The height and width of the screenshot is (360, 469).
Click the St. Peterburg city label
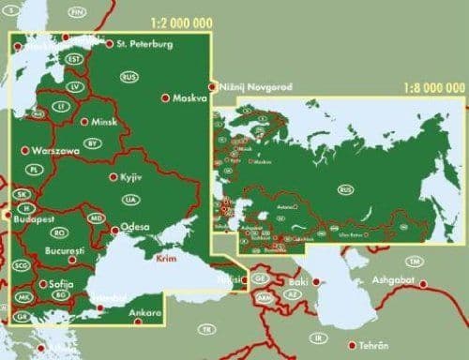click(x=144, y=42)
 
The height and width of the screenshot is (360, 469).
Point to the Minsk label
click(x=98, y=122)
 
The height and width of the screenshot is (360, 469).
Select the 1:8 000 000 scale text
click(x=433, y=88)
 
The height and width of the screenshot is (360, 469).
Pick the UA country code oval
click(x=131, y=200)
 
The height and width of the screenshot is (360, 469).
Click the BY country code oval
click(x=92, y=142)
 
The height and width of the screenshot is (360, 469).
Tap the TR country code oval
click(x=205, y=330)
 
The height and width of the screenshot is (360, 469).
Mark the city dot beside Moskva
click(x=166, y=97)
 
